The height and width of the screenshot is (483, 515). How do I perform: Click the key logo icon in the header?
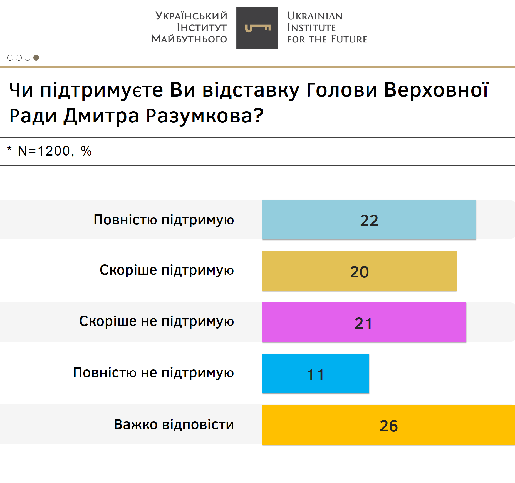[x=257, y=28]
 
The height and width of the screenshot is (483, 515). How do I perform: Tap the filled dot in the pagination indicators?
[x=36, y=57]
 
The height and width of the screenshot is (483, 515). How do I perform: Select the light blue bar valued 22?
[x=369, y=220]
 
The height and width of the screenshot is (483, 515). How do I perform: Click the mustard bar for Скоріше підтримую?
[x=359, y=271]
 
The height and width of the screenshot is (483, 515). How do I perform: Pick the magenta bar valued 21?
[x=364, y=322]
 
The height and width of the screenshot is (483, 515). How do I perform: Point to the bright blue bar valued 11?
[x=316, y=374]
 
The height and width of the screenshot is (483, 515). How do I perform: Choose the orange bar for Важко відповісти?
[x=388, y=425]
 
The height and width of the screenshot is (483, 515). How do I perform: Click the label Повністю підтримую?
[x=164, y=220]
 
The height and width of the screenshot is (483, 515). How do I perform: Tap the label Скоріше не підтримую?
[x=157, y=321]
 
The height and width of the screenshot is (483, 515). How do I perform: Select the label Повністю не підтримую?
[x=153, y=373]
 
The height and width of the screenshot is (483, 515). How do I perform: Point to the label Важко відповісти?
[x=174, y=424]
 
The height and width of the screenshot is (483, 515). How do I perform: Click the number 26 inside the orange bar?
[x=388, y=426]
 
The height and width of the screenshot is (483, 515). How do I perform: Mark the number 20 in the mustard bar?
[x=359, y=272]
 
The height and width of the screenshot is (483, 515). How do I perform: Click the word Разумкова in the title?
[x=205, y=116]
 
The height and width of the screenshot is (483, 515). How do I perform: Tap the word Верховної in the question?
[x=436, y=90]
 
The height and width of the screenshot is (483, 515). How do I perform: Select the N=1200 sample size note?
[x=44, y=151]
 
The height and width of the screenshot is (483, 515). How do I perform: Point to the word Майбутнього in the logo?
[x=189, y=39]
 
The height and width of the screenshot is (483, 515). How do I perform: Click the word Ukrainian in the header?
[x=315, y=16]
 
